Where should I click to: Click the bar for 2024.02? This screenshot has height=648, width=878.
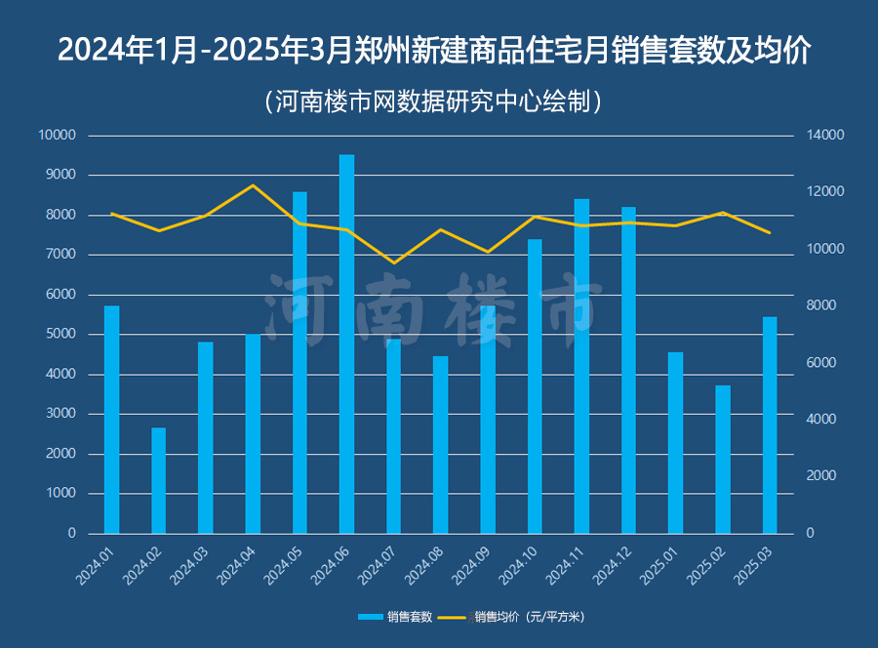coord(158,480)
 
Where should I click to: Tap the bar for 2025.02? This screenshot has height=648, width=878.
coord(722,459)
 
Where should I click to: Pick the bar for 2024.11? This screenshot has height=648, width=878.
coord(581,366)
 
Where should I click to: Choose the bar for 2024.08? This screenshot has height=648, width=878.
coord(440,444)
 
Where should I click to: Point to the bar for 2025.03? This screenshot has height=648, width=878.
coord(770,425)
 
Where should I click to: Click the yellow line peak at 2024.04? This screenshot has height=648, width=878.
coord(253,185)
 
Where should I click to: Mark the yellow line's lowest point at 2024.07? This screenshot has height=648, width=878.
coord(394,263)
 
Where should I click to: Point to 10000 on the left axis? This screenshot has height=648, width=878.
coord(57,136)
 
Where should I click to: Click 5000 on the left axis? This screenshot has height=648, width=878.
coord(60,335)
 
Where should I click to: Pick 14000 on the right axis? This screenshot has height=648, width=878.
coord(824,136)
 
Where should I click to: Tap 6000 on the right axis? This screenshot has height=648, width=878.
coord(821,363)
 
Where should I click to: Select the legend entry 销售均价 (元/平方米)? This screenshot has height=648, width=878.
coord(527,617)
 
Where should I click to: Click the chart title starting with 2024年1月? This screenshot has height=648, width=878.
coord(438,50)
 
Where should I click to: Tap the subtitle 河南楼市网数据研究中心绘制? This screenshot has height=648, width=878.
coord(438,101)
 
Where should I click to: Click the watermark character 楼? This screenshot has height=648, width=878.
coord(484,307)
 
